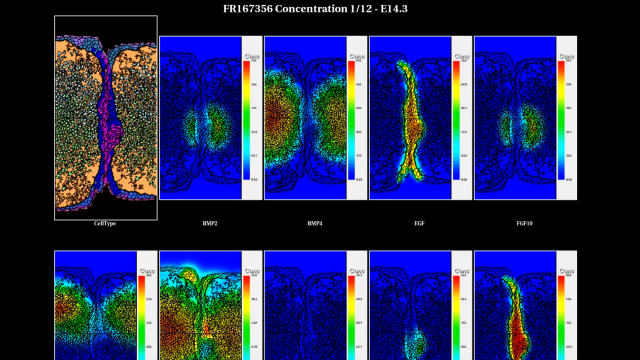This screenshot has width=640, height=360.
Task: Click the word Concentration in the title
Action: (329, 9)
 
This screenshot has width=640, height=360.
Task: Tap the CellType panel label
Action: (105, 223)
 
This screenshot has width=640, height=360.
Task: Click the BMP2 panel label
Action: (210, 223)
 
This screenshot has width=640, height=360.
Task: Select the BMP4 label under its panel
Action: (315, 223)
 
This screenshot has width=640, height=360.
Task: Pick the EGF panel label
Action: (420, 223)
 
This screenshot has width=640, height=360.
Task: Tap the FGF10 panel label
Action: (525, 223)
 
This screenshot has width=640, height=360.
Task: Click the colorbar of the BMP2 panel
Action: (246, 120)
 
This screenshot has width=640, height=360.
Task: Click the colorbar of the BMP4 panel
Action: (351, 120)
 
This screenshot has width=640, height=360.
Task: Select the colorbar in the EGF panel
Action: (456, 120)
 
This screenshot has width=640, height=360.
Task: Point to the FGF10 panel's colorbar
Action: (561, 120)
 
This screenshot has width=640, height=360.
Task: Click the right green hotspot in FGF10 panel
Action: (533, 128)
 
